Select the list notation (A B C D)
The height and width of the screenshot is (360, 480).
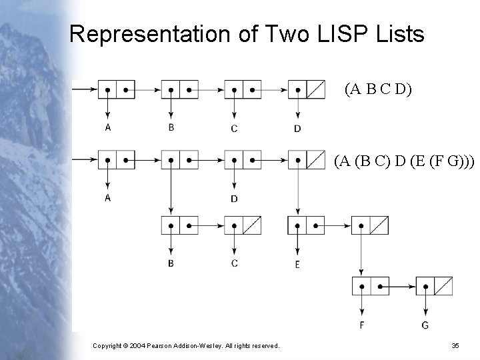click(x=378, y=89)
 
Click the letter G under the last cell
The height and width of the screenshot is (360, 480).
click(x=425, y=325)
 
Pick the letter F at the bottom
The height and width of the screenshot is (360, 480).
click(x=361, y=325)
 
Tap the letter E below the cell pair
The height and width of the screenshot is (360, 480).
click(x=297, y=264)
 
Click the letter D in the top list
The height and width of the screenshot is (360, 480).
click(x=297, y=128)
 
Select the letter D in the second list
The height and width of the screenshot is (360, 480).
click(x=234, y=199)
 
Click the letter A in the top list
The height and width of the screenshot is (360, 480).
click(x=107, y=127)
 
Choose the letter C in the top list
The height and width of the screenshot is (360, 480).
click(x=234, y=128)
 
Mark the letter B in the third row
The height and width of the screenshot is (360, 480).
click(x=171, y=263)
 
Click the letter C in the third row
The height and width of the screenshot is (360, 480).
click(x=234, y=263)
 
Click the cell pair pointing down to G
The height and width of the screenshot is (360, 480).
click(x=433, y=287)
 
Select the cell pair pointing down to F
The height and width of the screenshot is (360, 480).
click(x=370, y=287)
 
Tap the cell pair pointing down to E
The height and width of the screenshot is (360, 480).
click(x=306, y=225)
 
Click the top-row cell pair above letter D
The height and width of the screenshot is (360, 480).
click(x=306, y=89)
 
